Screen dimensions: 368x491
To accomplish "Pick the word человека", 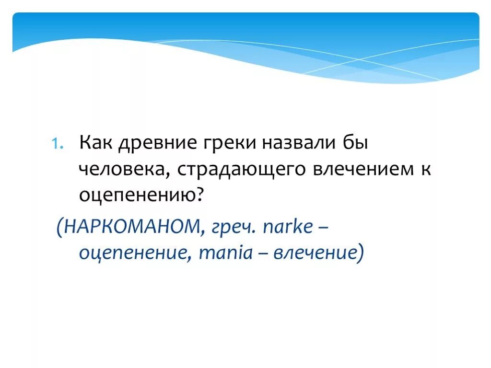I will (x=121, y=169).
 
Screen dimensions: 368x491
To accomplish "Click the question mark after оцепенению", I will (x=200, y=193).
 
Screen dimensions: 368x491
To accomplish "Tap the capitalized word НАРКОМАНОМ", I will (x=131, y=227).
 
